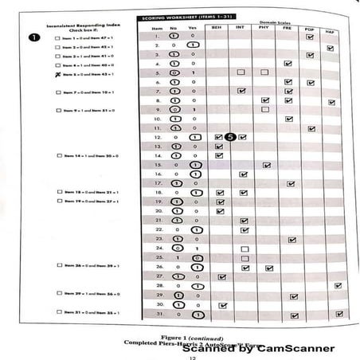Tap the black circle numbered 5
(230, 137)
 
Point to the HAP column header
(331, 29)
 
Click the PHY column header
(266, 27)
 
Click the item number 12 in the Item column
(158, 137)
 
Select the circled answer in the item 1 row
(176, 37)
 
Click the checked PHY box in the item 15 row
(268, 165)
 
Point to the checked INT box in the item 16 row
(243, 174)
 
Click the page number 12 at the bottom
(180, 356)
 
